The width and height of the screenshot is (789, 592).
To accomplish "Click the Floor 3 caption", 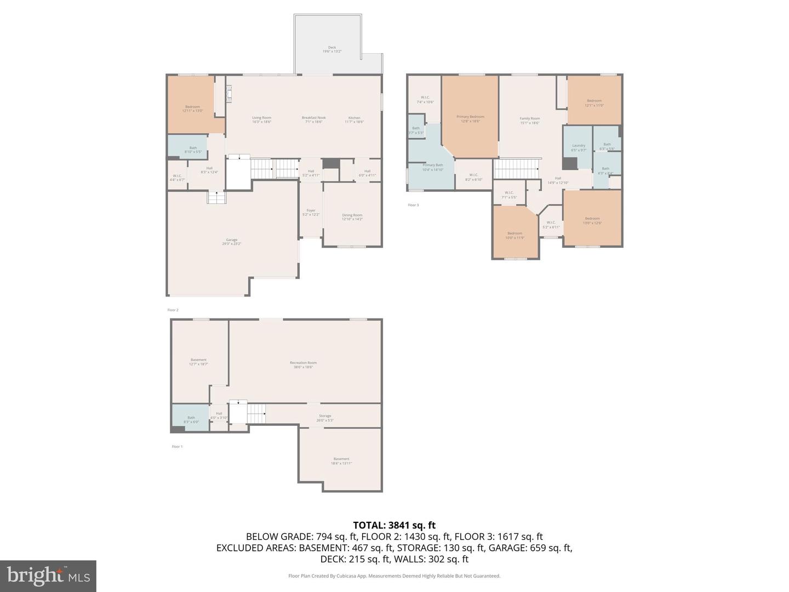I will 413,205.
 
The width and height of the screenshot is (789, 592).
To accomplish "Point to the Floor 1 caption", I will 177,446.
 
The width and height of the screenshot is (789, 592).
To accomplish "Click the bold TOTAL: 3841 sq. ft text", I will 394,525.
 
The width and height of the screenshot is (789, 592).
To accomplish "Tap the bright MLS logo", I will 48,576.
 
